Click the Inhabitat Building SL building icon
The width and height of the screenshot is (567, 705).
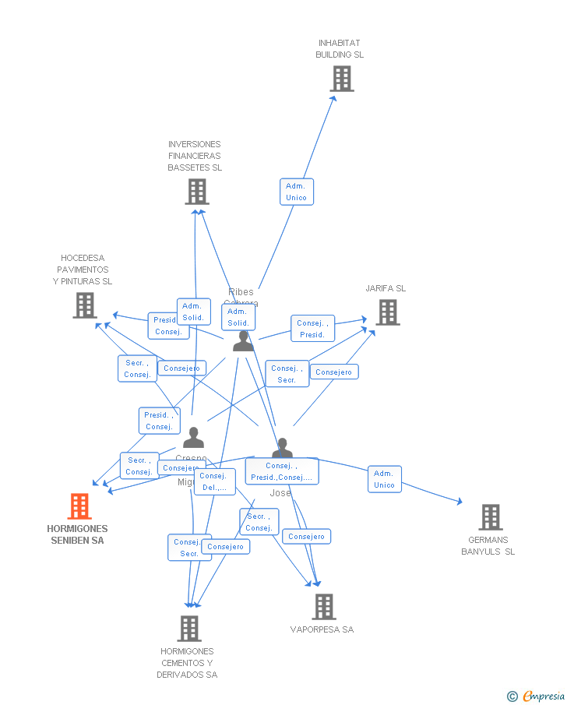coord(341,79)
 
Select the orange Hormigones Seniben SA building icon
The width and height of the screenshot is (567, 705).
coord(79,506)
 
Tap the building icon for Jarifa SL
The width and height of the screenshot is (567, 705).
coord(387,312)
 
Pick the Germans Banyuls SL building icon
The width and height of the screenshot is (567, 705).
coord(490,517)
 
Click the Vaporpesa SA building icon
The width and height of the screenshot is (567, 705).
coord(323,607)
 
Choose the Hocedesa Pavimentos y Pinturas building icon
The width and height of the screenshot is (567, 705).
coord(85,305)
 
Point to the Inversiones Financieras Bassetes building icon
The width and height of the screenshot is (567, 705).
coord(197,192)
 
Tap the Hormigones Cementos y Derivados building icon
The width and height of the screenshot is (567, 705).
coord(189,628)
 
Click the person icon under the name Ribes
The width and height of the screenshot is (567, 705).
coord(243,341)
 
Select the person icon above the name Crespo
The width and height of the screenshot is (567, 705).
coord(193,438)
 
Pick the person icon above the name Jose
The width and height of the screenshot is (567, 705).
coord(282,448)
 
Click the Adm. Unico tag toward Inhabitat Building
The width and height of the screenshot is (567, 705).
coord(297,192)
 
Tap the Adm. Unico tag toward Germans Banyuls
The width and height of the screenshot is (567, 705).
coord(384,479)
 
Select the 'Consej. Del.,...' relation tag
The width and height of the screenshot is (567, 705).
coord(214,481)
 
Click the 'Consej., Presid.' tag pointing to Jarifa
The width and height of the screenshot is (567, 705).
coord(312,329)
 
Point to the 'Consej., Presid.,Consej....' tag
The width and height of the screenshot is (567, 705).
coord(281,471)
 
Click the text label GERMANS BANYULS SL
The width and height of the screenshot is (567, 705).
coord(488,545)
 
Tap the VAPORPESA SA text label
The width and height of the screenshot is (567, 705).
coord(322,629)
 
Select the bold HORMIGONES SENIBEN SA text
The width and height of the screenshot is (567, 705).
coord(77,534)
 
